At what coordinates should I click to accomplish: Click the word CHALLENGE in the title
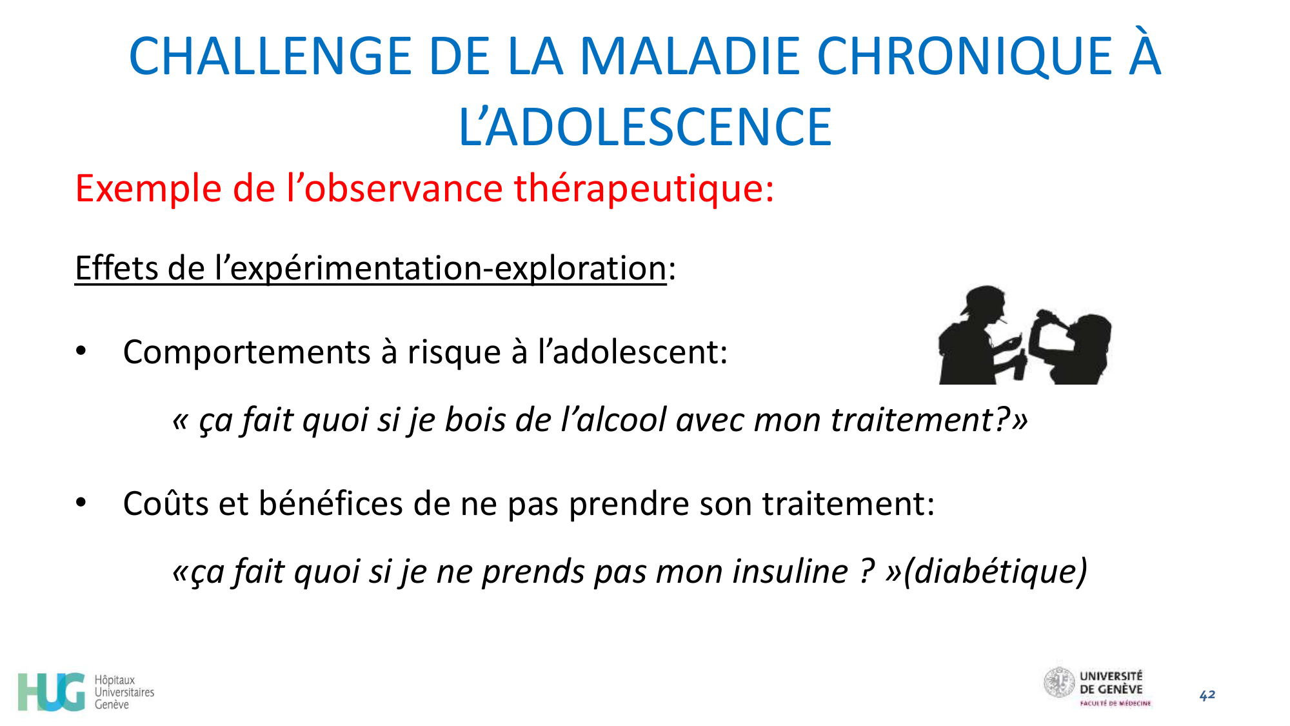270,57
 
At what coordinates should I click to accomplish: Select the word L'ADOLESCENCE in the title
645,127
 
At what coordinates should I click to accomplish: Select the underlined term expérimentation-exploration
448,268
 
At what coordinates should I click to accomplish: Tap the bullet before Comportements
81,352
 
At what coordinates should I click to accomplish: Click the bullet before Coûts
81,503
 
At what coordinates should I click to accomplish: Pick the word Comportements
246,352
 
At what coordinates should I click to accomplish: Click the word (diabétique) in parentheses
995,572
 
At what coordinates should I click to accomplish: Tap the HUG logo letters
52,692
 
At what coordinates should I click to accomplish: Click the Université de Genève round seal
1059,683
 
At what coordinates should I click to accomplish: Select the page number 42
1207,695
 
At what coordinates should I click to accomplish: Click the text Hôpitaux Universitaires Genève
124,692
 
